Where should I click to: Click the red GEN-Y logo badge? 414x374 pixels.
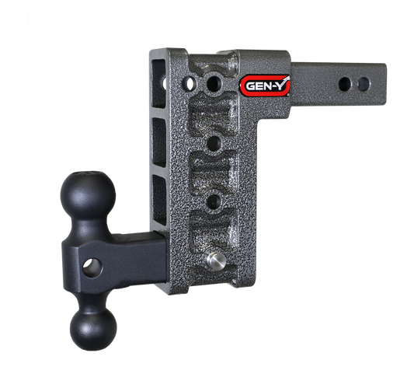(x=266, y=86)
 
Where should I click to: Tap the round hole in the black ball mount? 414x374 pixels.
(x=93, y=267)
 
